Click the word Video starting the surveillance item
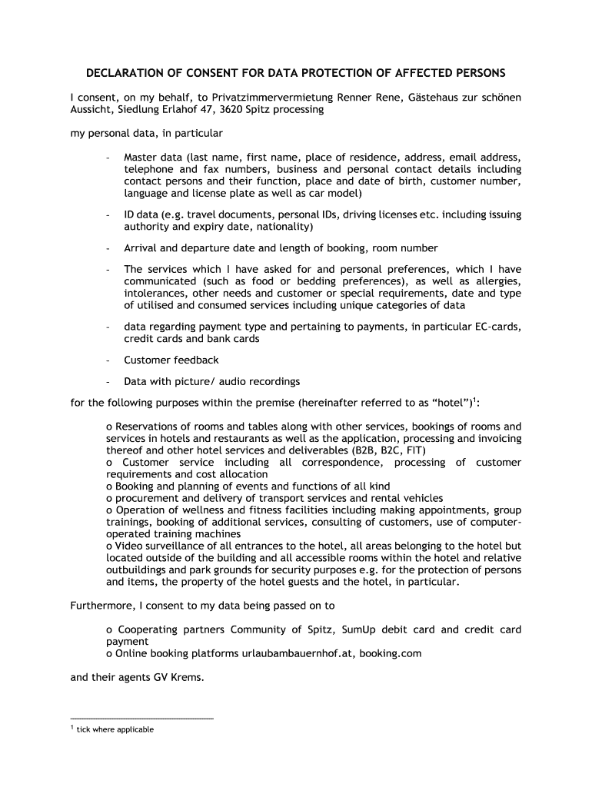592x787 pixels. pyautogui.click(x=128, y=546)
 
